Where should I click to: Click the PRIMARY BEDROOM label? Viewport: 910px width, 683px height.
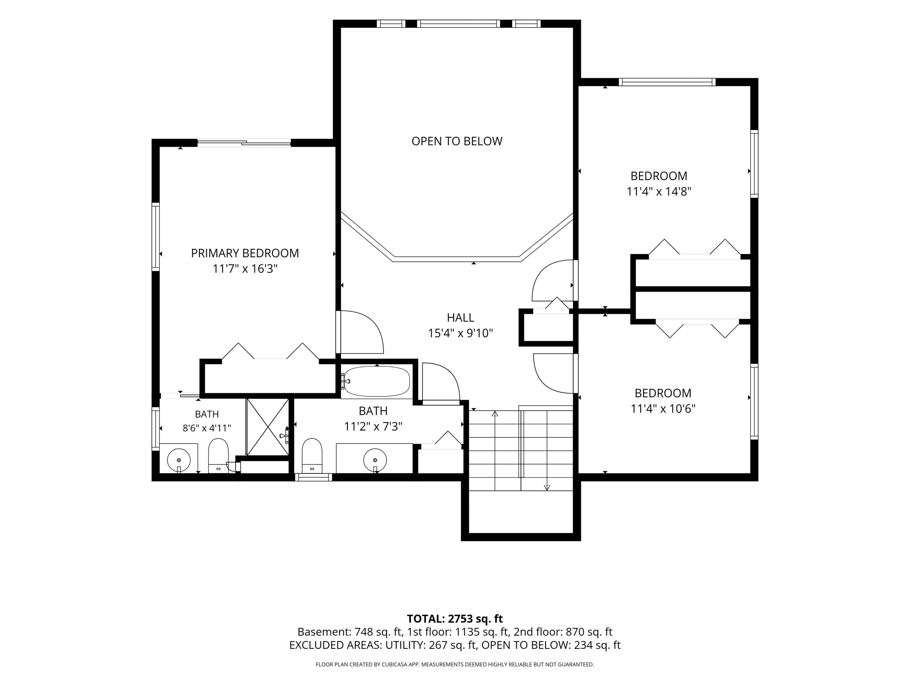click(245, 253)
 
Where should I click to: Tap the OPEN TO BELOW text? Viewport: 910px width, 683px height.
click(457, 141)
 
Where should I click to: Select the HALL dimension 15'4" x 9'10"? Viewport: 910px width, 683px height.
click(460, 333)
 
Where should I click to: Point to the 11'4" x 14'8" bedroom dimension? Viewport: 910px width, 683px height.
click(659, 191)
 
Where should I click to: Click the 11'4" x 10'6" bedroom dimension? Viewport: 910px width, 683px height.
click(663, 408)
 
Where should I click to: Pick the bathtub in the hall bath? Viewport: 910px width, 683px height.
click(377, 382)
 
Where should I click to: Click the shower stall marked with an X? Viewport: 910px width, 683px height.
click(267, 427)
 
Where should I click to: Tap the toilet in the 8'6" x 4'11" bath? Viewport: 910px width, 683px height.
click(219, 456)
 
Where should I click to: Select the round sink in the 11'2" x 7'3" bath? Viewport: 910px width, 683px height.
click(375, 460)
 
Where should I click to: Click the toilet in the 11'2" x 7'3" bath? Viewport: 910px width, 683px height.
click(312, 456)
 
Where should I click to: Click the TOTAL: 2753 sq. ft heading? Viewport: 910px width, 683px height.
click(455, 619)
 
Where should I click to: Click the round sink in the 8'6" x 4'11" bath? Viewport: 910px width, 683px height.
click(179, 460)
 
